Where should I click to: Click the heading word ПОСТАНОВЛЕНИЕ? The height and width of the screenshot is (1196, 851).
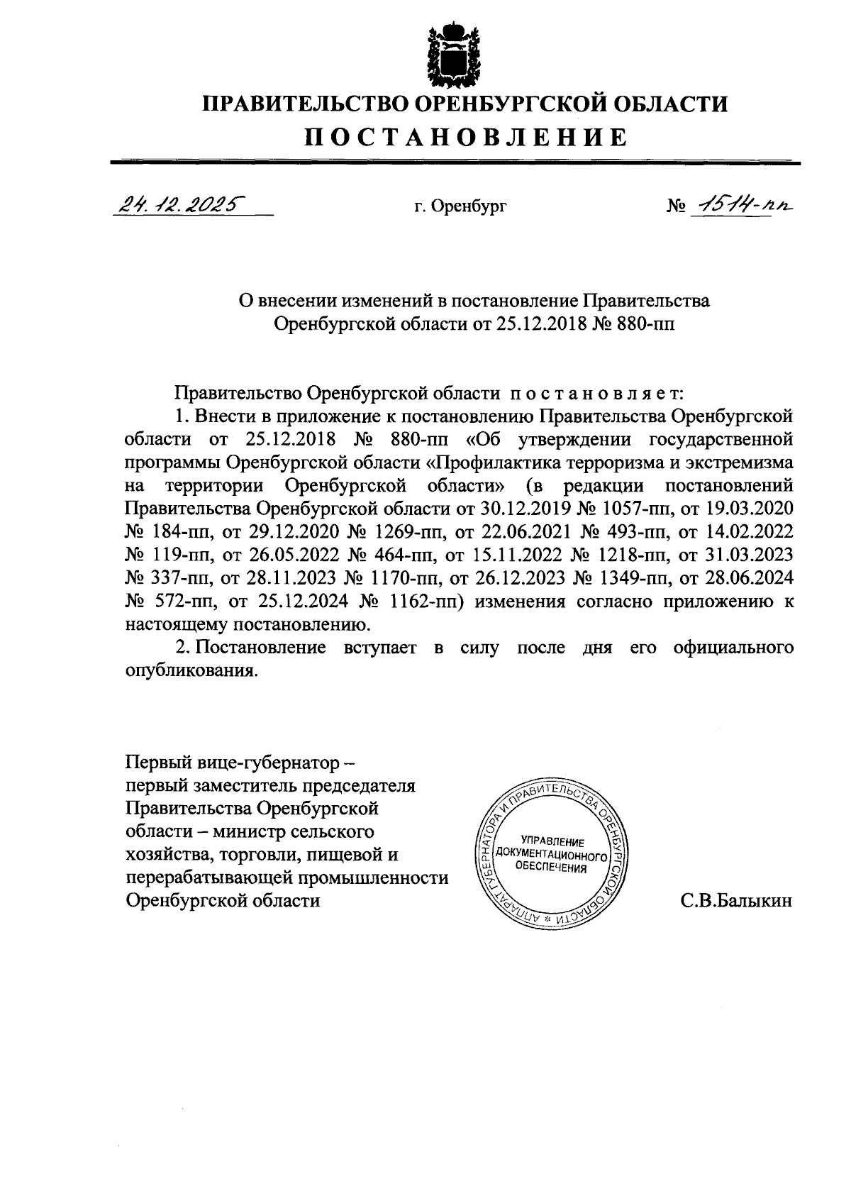[466, 138]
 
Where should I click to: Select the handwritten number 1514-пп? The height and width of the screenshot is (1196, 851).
[742, 204]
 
